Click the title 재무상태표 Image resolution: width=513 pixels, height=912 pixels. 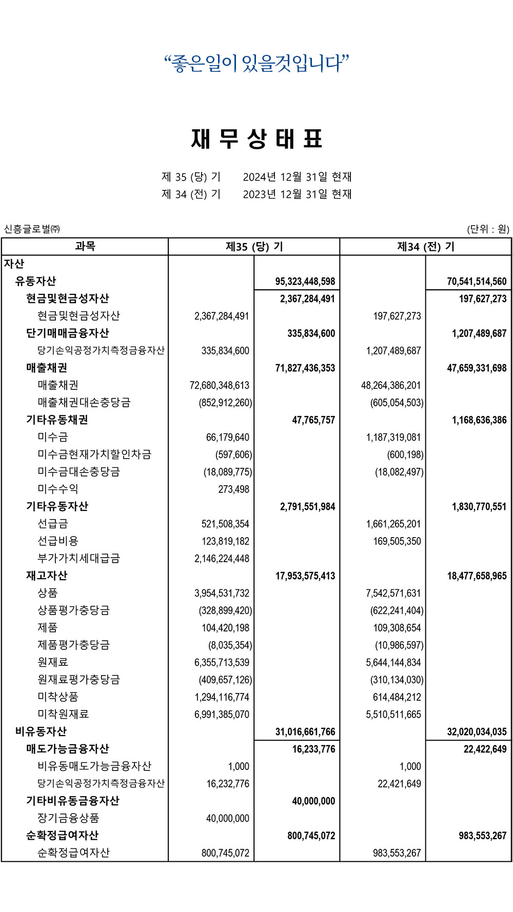point(256,139)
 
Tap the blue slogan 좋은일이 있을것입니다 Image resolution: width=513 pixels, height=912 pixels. point(256,64)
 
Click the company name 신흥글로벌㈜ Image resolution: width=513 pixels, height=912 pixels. point(32,229)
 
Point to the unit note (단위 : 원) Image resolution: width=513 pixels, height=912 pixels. point(487,229)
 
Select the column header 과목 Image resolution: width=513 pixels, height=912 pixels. point(85,247)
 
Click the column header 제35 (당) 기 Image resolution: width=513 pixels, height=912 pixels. point(254,247)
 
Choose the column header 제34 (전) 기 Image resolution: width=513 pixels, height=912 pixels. point(425,247)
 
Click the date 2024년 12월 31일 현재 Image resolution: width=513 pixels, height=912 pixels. point(297,177)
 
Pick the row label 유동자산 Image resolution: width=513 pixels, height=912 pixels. point(35,281)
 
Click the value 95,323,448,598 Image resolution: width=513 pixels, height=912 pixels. point(305,282)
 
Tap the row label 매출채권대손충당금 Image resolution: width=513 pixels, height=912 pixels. point(84,402)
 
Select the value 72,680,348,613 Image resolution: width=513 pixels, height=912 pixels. point(219,385)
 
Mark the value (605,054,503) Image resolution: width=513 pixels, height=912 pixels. point(397,403)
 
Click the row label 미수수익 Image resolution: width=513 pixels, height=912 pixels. point(57,489)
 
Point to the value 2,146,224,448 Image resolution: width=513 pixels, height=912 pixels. point(222,559)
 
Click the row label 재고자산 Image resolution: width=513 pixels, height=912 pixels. point(47,576)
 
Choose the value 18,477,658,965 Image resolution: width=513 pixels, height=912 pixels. point(477,576)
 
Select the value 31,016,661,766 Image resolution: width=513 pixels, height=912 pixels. point(305,732)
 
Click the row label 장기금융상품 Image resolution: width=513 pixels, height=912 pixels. point(68,818)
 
